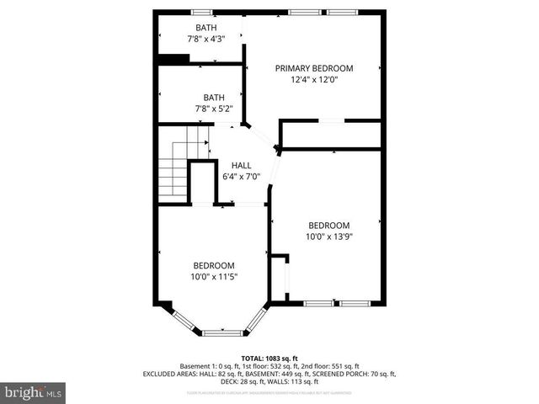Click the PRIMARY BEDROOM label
pyautogui.click(x=314, y=68)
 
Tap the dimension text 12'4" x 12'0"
pyautogui.click(x=314, y=80)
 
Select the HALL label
pyautogui.click(x=242, y=165)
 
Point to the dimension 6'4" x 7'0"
pyautogui.click(x=242, y=177)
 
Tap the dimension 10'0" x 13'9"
pyautogui.click(x=328, y=237)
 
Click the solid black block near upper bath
pyautogui.click(x=174, y=58)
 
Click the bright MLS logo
pyautogui.click(x=34, y=392)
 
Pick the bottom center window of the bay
pyautogui.click(x=224, y=333)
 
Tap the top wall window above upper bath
pyautogui.click(x=200, y=12)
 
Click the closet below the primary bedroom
pyautogui.click(x=331, y=135)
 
